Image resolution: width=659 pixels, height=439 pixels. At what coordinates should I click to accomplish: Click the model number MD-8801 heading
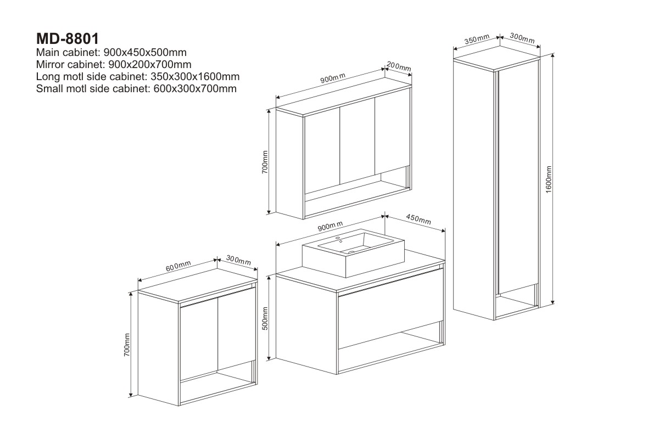[68, 39]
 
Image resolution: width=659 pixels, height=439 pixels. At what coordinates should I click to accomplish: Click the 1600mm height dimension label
[549, 179]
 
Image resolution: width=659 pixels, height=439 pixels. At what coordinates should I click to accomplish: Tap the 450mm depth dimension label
[418, 219]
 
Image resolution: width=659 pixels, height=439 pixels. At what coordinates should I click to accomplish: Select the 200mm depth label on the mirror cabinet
[399, 66]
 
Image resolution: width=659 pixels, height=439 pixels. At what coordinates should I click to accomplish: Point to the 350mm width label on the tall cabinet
[477, 39]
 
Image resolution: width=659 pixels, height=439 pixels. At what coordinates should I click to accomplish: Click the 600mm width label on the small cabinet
[178, 266]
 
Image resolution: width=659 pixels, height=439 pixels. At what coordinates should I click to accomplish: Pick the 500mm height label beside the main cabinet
[265, 318]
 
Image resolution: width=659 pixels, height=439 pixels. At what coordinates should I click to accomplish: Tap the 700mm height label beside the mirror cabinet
[265, 162]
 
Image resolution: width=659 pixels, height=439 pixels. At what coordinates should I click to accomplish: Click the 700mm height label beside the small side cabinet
[127, 345]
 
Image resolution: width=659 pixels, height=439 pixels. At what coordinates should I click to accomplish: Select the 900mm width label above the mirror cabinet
[333, 78]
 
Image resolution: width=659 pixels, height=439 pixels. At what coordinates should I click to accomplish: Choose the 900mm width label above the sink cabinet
[330, 226]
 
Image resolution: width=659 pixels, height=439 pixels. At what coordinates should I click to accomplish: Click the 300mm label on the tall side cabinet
[522, 38]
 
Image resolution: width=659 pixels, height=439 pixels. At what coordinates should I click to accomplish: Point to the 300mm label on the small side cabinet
[238, 260]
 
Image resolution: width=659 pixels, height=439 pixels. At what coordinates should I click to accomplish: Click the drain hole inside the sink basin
[351, 252]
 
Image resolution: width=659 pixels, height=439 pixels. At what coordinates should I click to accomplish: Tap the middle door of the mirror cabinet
[357, 141]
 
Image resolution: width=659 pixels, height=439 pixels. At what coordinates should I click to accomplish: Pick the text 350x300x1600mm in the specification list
[195, 76]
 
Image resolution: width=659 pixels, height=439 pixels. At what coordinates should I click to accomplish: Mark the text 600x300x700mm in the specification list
[195, 88]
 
